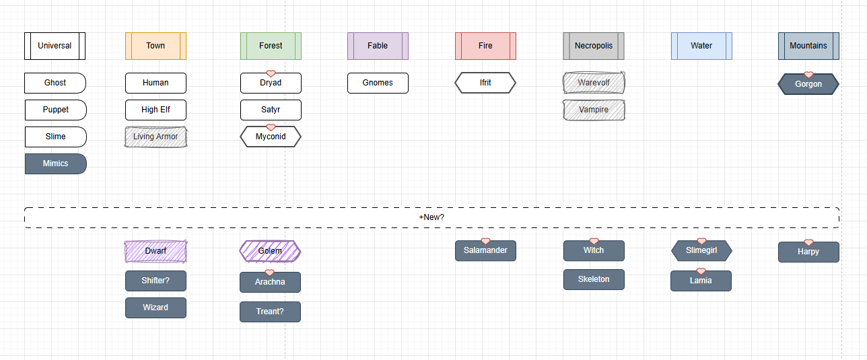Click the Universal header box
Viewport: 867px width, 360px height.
point(55,46)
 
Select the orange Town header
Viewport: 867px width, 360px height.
point(155,46)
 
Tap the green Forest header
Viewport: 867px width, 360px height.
point(271,46)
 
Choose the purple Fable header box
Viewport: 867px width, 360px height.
point(378,46)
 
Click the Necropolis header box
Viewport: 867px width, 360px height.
point(594,46)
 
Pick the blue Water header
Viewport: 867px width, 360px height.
point(701,46)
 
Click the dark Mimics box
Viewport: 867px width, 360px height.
point(56,164)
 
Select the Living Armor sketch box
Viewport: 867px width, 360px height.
point(155,137)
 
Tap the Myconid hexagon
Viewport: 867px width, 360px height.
point(271,137)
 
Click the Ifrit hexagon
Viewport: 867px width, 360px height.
point(485,83)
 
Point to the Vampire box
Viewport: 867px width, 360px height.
point(594,110)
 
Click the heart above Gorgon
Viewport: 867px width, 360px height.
point(808,74)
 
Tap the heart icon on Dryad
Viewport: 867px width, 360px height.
point(271,73)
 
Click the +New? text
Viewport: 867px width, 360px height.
point(431,217)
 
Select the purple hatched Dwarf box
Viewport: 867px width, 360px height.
point(155,251)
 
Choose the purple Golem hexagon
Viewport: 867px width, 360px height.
point(270,251)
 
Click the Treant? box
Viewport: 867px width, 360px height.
point(270,312)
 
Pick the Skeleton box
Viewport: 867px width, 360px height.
point(594,279)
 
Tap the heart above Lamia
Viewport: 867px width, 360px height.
point(701,271)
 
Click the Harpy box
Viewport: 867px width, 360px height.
point(808,252)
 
